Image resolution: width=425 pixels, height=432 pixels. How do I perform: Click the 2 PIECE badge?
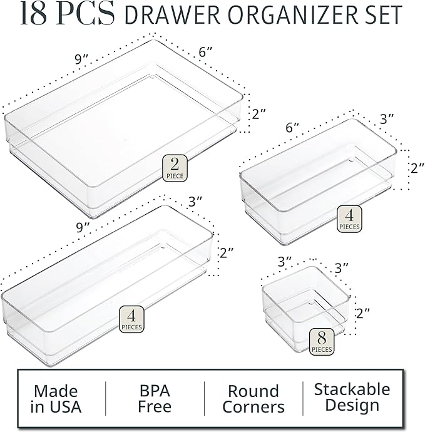175,168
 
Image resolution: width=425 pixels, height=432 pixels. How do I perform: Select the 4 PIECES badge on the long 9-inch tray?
132,318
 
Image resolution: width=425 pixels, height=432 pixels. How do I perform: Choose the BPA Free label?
155,399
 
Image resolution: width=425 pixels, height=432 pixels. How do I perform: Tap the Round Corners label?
253,399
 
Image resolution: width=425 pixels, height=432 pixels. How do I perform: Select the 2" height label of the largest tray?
259,114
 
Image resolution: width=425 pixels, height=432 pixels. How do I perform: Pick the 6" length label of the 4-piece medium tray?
292,126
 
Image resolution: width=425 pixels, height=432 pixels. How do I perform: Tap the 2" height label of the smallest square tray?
362,311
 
